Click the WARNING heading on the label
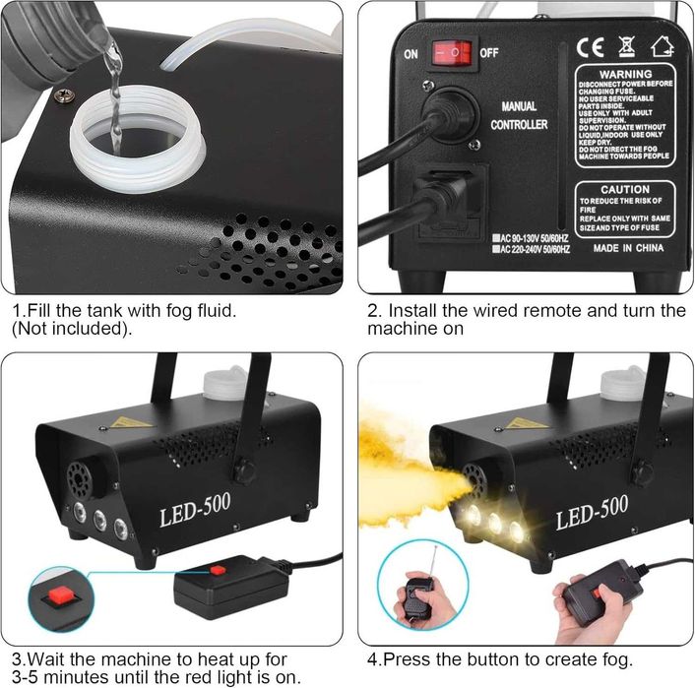(625, 74)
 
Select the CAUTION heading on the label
(625, 189)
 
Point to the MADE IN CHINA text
(628, 249)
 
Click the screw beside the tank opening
(64, 95)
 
